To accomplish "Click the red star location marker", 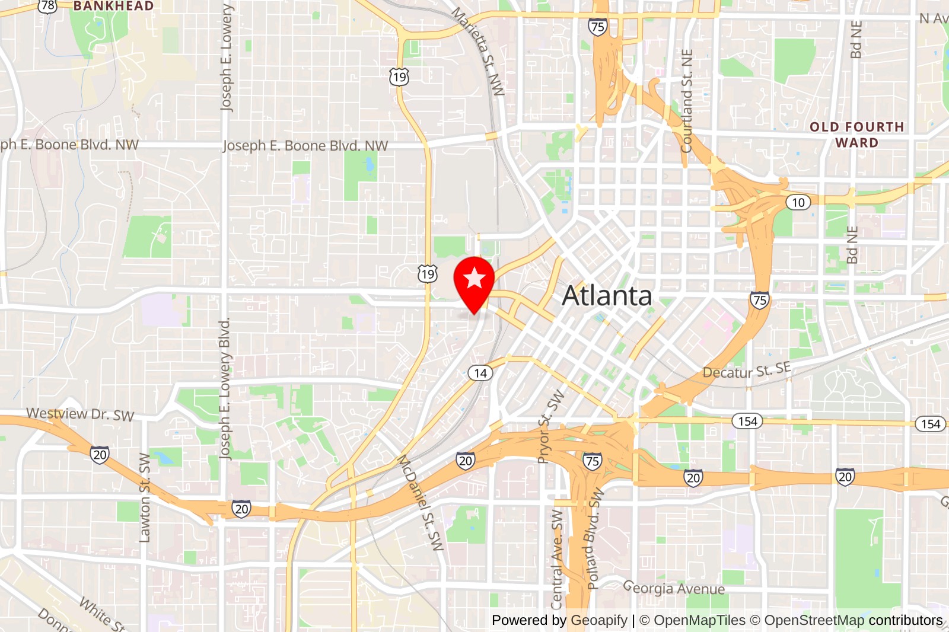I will pos(474,279).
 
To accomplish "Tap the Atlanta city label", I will pos(606,296).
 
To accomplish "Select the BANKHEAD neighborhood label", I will pos(113,6).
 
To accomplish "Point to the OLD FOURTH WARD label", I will pos(856,135).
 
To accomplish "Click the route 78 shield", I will pos(47,6).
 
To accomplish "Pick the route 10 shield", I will pos(798,202).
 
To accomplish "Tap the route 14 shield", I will pos(480,373).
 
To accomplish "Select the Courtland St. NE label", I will pos(687,101).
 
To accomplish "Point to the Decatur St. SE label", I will pos(747,371).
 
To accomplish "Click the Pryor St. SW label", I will pos(551,426).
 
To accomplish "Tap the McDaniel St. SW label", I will pos(420,503).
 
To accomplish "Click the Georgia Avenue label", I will pos(674,588).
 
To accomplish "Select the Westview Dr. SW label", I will pos(80,414).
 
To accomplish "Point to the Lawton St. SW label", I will pos(145,498).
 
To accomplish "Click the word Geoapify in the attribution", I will pos(598,620).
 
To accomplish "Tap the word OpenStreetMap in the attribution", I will pos(814,620).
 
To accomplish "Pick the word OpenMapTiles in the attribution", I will pos(699,620).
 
